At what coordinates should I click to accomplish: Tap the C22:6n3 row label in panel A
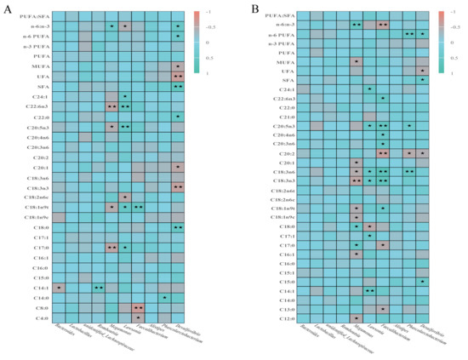(x=37, y=106)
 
